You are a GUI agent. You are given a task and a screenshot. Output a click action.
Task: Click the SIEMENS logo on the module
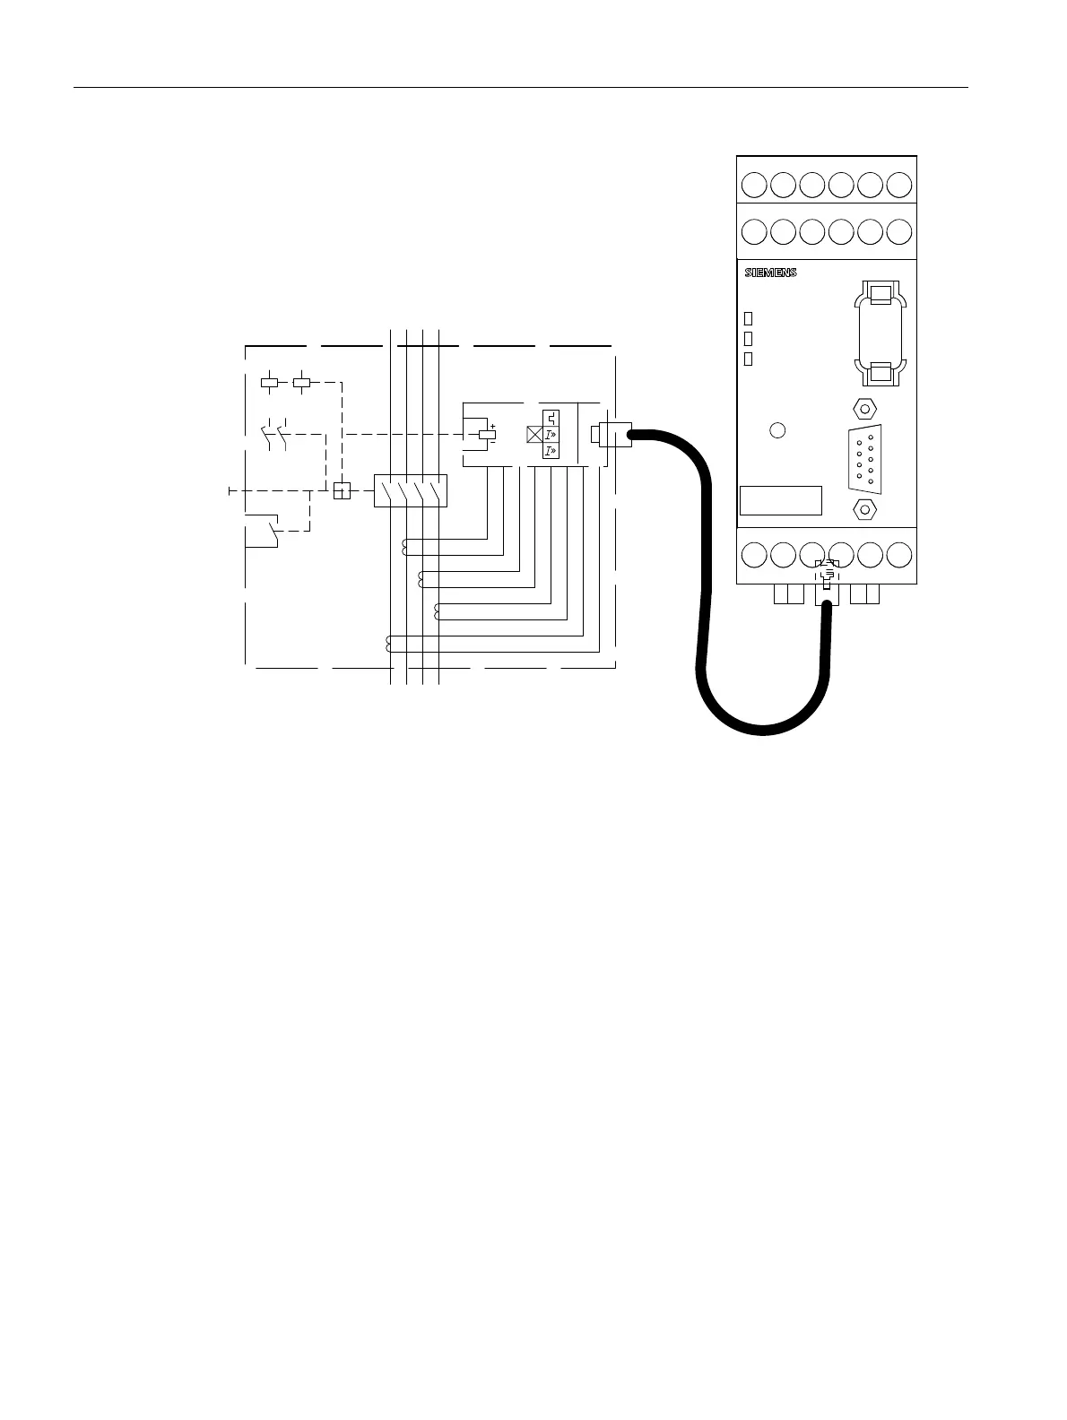770,273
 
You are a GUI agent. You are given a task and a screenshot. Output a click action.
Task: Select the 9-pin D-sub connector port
864,458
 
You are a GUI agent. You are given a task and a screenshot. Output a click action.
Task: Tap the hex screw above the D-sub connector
864,408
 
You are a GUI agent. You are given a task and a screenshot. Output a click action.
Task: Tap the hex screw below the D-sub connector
864,508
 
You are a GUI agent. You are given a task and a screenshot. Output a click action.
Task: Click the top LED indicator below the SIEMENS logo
749,318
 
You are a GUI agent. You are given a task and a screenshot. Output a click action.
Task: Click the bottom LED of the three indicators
749,359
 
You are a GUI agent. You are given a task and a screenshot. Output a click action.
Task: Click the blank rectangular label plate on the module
781,500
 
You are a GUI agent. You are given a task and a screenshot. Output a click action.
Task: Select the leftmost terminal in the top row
755,185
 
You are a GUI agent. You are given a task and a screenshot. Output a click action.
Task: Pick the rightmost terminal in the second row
898,230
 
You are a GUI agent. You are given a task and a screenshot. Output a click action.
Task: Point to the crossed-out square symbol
534,435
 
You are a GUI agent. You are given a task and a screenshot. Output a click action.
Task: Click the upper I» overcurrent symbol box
551,435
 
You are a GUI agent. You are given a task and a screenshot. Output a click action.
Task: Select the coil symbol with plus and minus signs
488,435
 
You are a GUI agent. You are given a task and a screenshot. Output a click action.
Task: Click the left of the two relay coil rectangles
270,382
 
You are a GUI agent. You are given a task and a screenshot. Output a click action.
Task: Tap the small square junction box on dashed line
341,490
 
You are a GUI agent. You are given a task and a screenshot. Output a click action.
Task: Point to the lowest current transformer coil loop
389,643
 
